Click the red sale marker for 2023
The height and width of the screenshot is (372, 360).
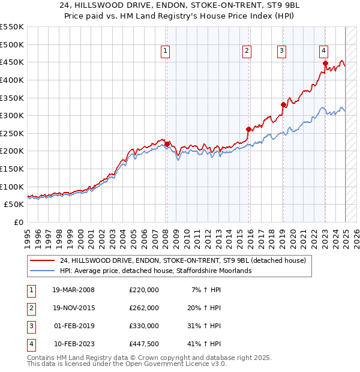[x=325, y=63]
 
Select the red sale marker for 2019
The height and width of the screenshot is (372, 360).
[x=283, y=104]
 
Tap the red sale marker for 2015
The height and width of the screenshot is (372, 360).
[x=248, y=129]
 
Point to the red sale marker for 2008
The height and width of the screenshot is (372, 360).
[x=167, y=143]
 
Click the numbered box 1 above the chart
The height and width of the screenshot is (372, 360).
[x=165, y=52]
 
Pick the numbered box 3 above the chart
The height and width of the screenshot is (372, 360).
[x=281, y=52]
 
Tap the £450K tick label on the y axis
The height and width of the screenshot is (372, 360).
[x=11, y=62]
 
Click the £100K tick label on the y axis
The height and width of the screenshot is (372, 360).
[x=11, y=187]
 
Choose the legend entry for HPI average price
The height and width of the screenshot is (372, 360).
[x=155, y=271]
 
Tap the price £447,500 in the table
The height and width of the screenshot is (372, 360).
[x=144, y=344]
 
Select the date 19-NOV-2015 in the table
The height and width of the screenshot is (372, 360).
[x=73, y=308]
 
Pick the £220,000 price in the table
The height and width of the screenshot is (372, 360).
[x=144, y=290]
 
